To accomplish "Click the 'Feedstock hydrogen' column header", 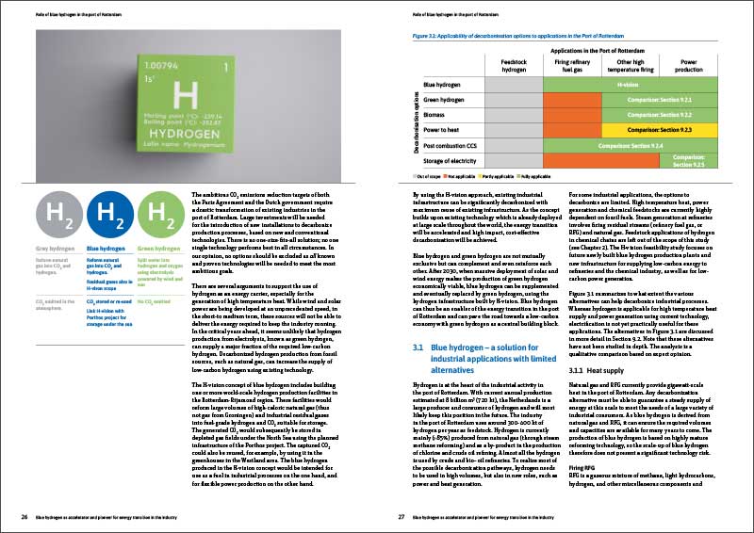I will point(513,64).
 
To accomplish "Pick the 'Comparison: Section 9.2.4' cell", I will point(626,146).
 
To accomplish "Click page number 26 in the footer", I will point(25,516).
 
